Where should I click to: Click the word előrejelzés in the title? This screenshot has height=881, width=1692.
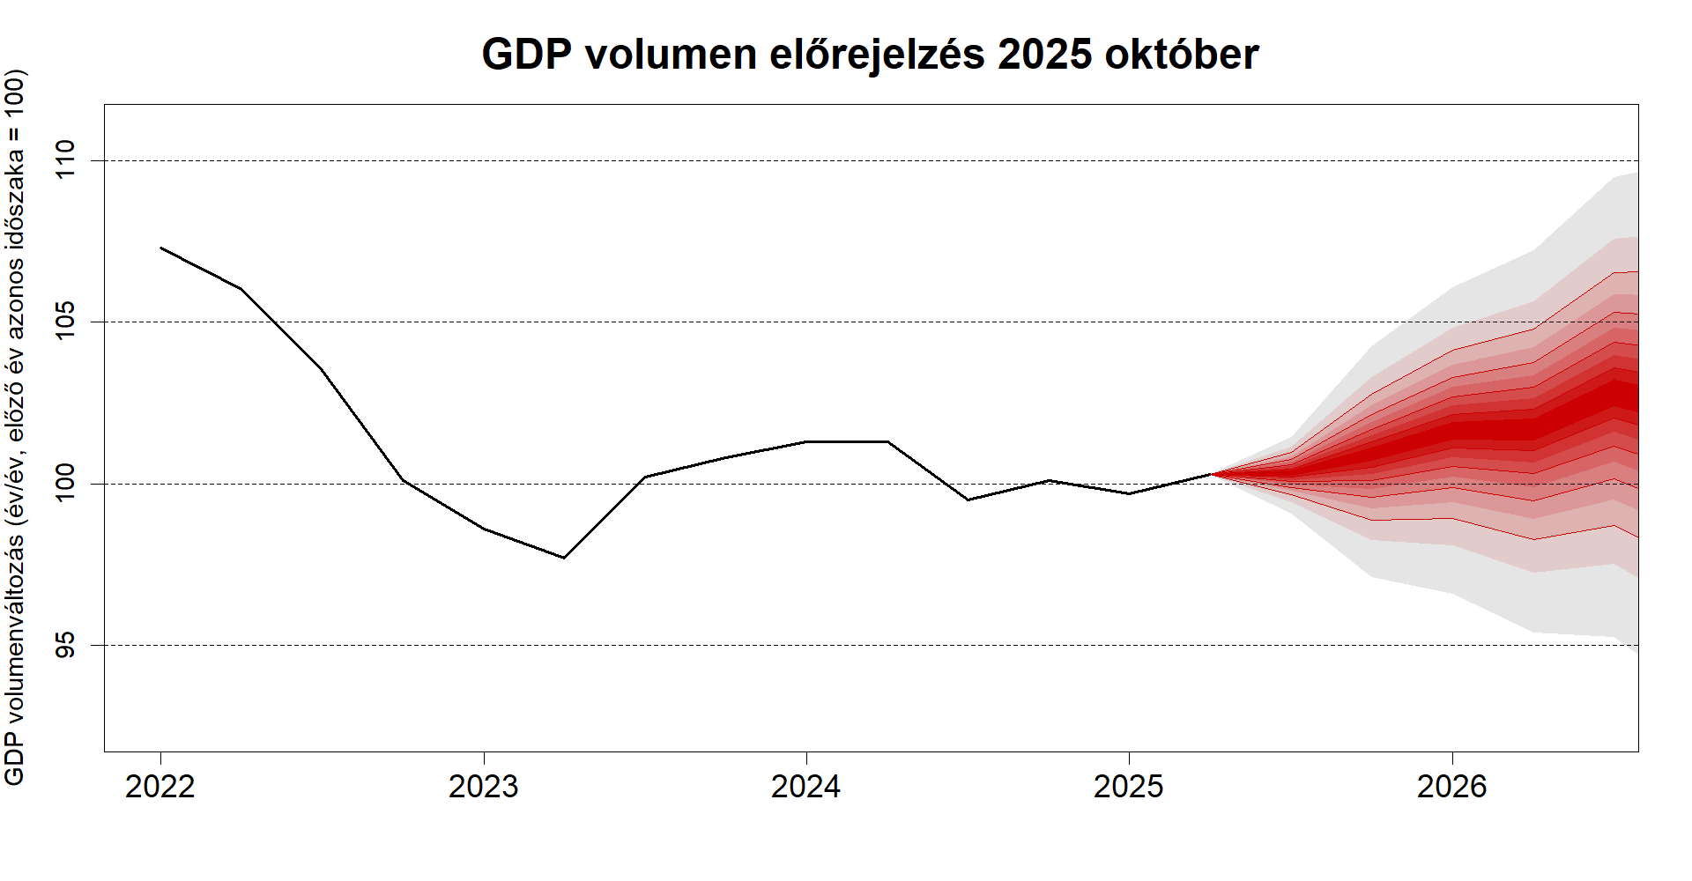tap(877, 55)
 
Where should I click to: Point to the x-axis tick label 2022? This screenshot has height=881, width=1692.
tap(160, 786)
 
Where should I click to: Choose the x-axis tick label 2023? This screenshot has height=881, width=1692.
tap(483, 786)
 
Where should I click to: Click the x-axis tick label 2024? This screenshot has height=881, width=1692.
tap(805, 786)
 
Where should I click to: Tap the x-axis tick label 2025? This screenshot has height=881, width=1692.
tap(1129, 786)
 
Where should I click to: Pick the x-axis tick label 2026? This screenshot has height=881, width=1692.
tap(1451, 786)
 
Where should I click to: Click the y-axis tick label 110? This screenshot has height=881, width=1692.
tap(67, 160)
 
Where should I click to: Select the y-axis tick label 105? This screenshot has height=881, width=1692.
tap(67, 322)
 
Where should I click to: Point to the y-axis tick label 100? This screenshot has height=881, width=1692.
tap(67, 484)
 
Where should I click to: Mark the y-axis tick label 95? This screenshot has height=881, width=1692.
tap(67, 645)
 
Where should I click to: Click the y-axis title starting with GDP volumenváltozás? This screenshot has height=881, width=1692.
tap(16, 427)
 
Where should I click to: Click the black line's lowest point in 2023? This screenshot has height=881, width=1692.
tap(564, 558)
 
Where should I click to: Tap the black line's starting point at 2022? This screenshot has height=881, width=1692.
tap(161, 248)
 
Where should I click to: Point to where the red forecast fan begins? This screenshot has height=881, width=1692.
tap(1213, 474)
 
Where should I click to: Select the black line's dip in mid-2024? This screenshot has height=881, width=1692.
tap(968, 500)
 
